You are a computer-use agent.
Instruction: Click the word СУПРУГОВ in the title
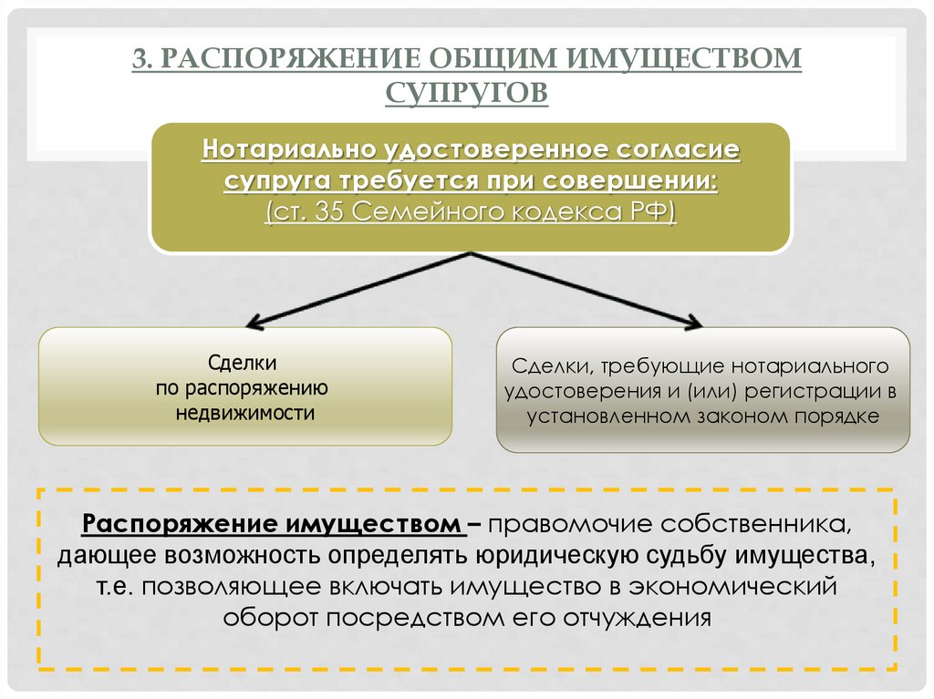(x=466, y=91)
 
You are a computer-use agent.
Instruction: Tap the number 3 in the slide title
(x=139, y=59)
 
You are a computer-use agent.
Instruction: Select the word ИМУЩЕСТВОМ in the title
(x=687, y=59)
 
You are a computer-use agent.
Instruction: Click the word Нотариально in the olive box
(x=292, y=147)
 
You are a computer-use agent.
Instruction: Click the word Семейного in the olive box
(x=421, y=212)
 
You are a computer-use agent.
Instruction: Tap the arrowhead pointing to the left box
(x=254, y=323)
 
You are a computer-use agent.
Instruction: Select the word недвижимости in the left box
(x=245, y=414)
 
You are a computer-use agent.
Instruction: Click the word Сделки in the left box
(x=244, y=363)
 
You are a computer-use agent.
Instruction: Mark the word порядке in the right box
(x=842, y=417)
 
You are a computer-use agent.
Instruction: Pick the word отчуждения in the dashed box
(x=635, y=617)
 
